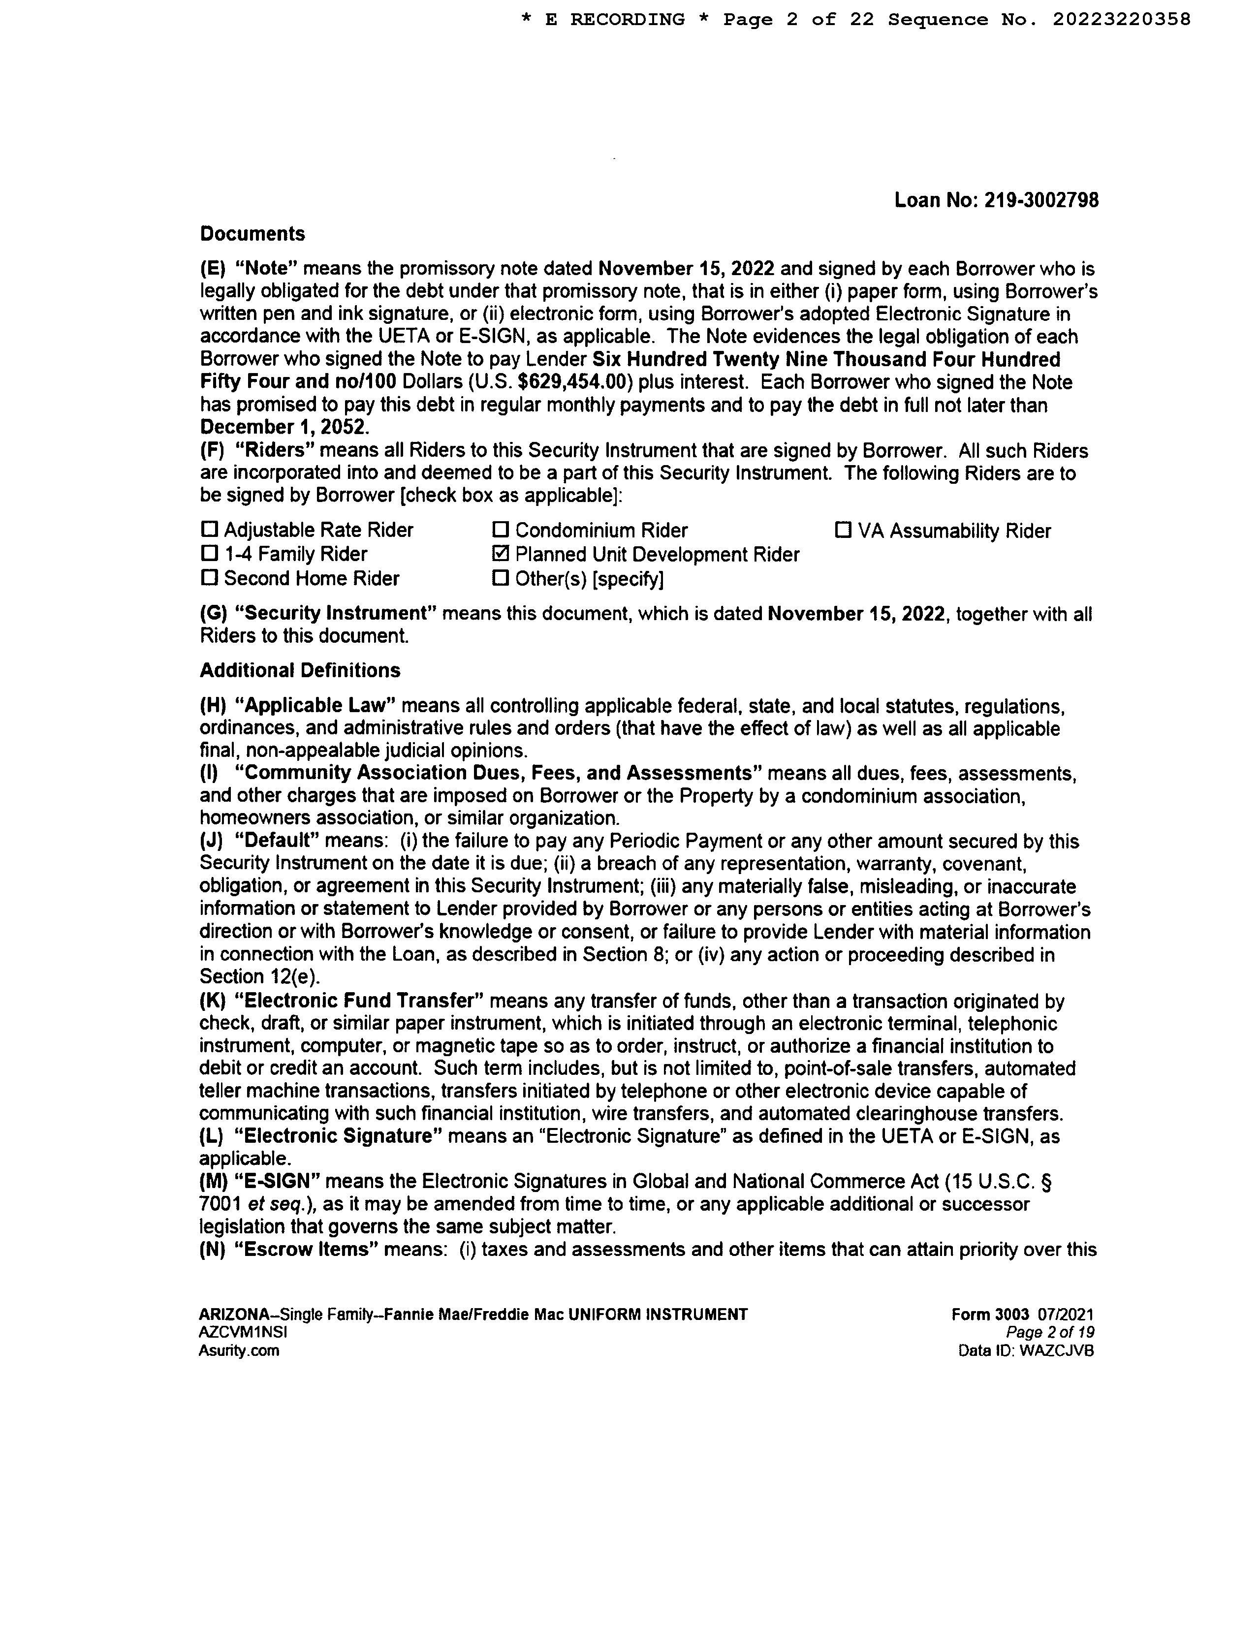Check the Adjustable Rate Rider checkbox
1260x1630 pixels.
coord(210,530)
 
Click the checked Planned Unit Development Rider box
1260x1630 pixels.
coord(501,554)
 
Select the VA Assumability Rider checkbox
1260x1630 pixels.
coord(843,531)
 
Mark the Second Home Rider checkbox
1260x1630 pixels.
coord(210,578)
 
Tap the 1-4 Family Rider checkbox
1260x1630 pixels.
coord(210,554)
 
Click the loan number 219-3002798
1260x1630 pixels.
coord(1041,200)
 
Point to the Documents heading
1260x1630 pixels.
coord(252,234)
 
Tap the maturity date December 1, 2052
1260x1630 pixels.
coord(283,428)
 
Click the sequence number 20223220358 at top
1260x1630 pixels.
coord(1121,19)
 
